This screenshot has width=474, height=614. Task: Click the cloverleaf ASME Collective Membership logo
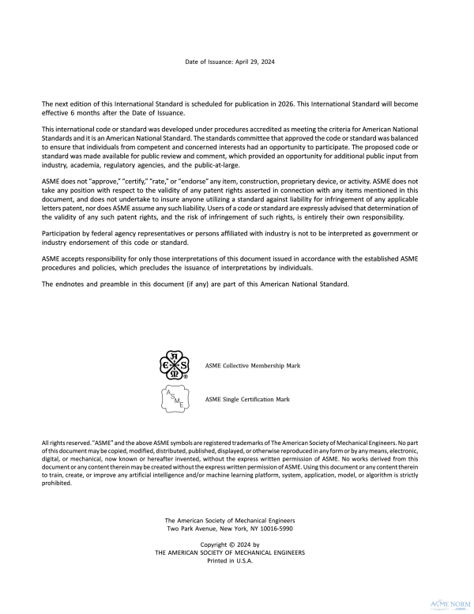pyautogui.click(x=175, y=367)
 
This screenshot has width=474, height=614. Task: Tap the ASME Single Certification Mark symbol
pyautogui.click(x=175, y=400)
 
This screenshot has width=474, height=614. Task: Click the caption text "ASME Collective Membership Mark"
pyautogui.click(x=252, y=367)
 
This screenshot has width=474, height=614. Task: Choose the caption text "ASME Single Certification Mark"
pyautogui.click(x=247, y=400)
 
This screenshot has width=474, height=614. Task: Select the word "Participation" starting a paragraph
pyautogui.click(x=64, y=232)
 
